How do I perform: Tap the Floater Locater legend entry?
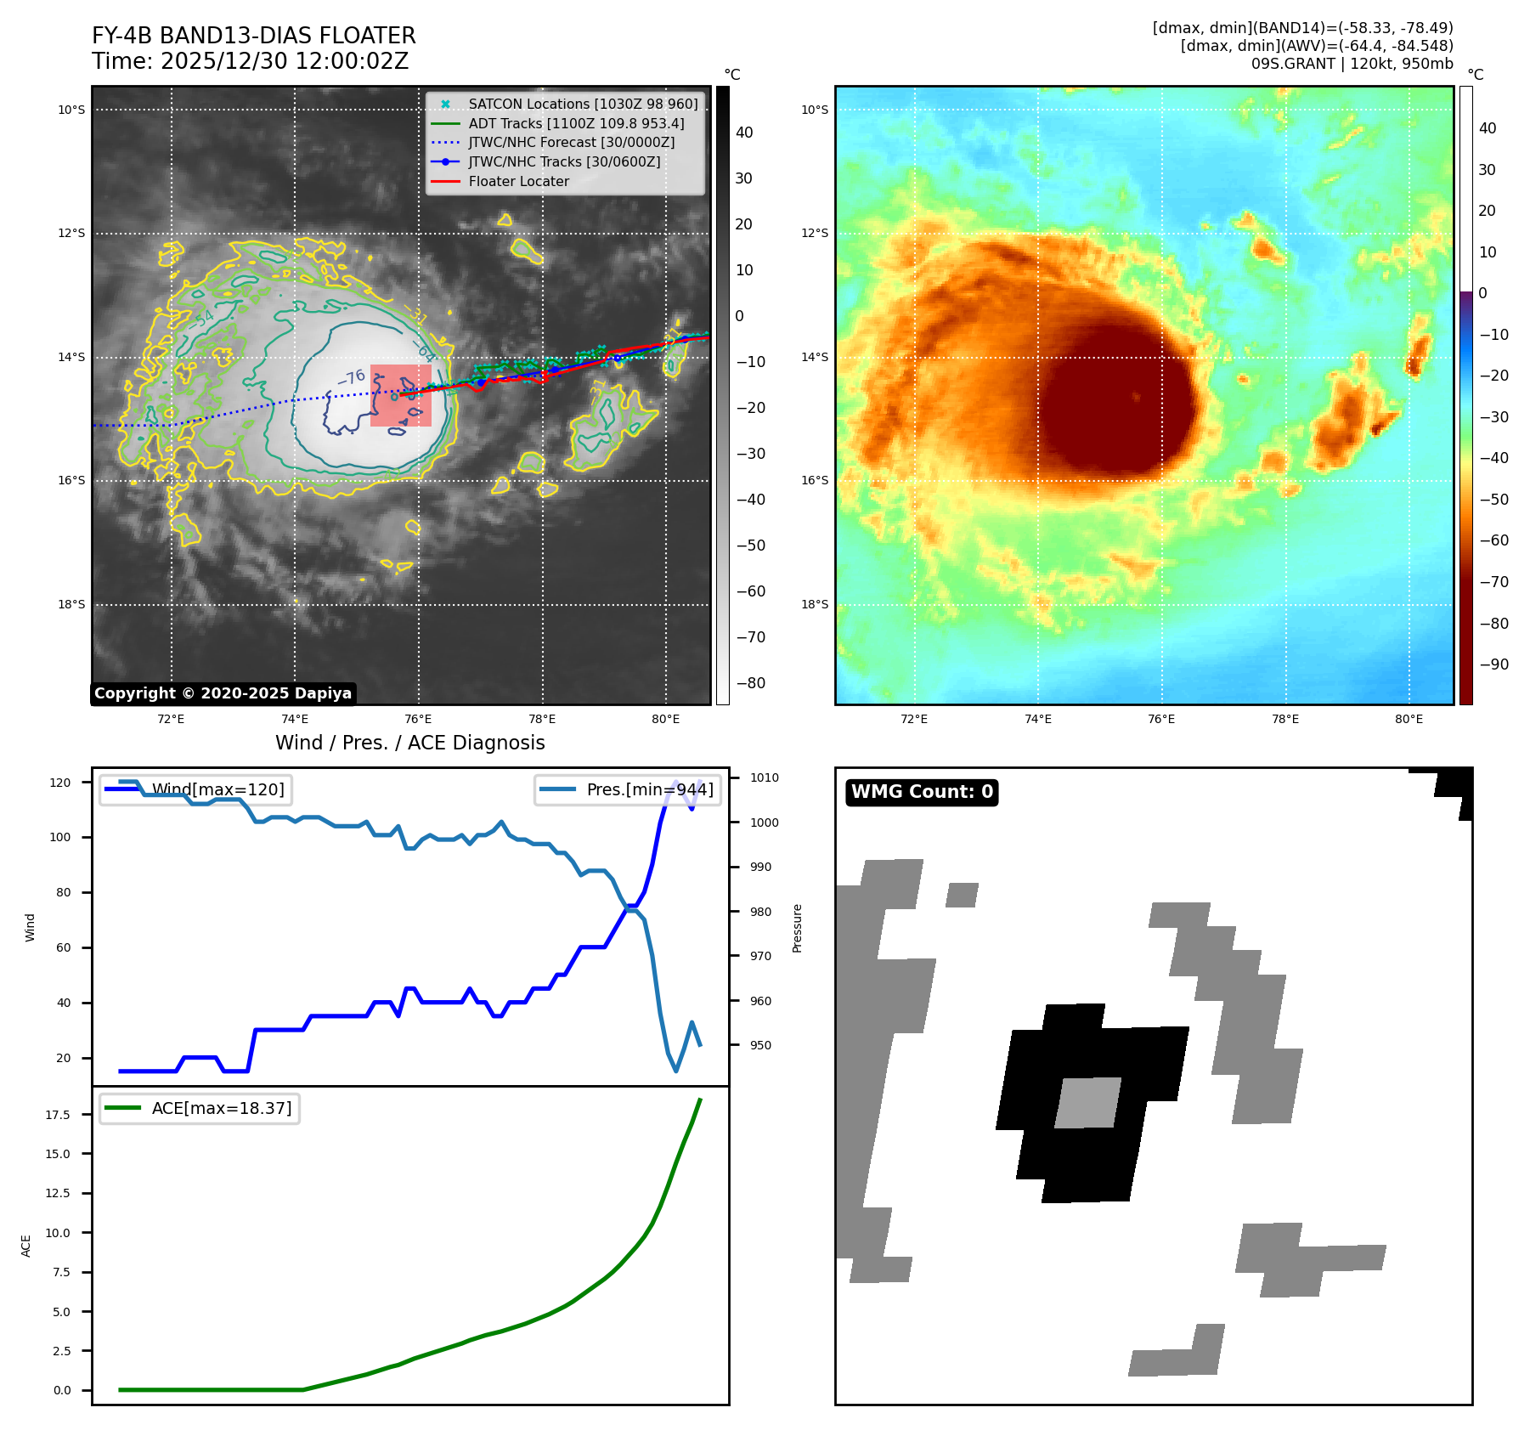pyautogui.click(x=518, y=181)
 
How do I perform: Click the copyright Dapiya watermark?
pyautogui.click(x=223, y=693)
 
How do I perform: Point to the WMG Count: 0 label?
pyautogui.click(x=922, y=792)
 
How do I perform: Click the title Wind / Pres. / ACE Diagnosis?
pyautogui.click(x=409, y=743)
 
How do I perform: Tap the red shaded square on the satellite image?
pyautogui.click(x=401, y=395)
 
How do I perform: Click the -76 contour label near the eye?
pyautogui.click(x=351, y=376)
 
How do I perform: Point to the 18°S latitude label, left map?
pyautogui.click(x=71, y=604)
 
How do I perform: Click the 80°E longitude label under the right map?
pyautogui.click(x=1409, y=719)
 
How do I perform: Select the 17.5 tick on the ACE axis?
pyautogui.click(x=58, y=1114)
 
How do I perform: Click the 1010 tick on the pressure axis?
pyautogui.click(x=764, y=777)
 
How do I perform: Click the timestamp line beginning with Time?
pyautogui.click(x=250, y=61)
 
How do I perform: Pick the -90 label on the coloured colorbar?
pyautogui.click(x=1493, y=664)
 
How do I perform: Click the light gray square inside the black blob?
pyautogui.click(x=1088, y=1102)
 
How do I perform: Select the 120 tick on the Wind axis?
pyautogui.click(x=60, y=782)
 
